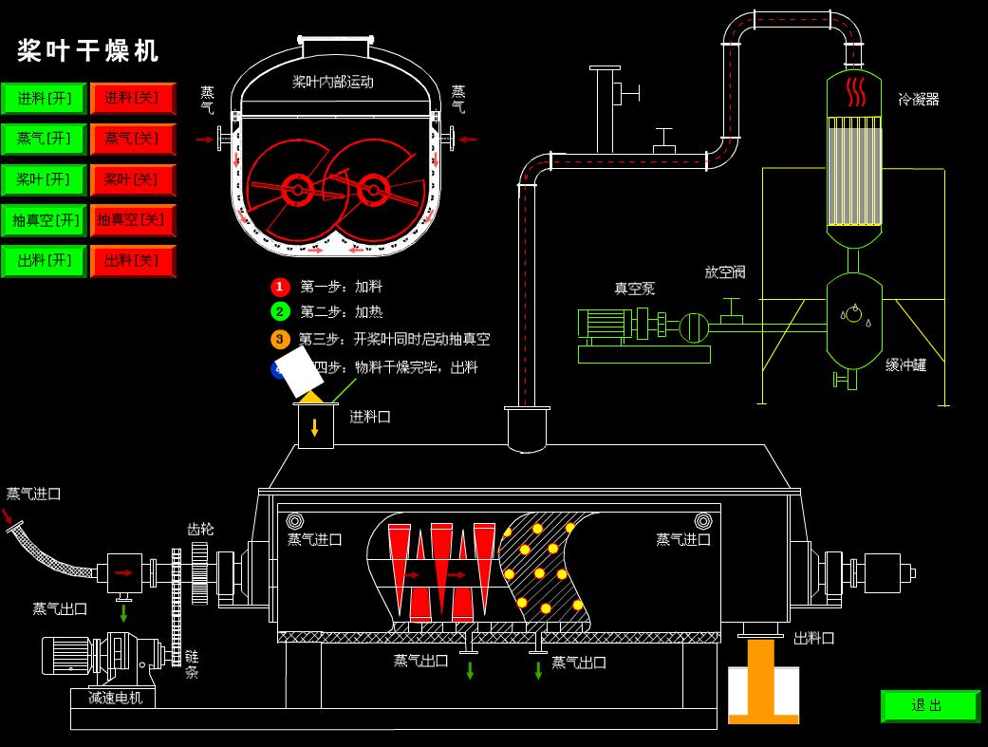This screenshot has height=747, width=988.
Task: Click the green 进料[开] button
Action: pos(44,99)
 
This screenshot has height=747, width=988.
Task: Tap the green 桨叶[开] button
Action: pos(44,179)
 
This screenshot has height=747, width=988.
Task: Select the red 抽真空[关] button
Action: pos(133,220)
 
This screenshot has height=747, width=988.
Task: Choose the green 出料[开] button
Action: pos(44,261)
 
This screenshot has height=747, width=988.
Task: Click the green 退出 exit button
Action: pos(930,705)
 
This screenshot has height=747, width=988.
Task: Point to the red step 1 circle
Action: pos(280,287)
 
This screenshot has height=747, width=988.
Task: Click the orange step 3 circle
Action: pos(280,339)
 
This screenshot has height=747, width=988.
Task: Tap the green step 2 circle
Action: pos(280,311)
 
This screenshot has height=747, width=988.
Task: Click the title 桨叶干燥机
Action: pos(87,50)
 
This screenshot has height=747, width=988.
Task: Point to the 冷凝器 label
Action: pos(919,99)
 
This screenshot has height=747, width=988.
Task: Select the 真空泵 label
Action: pos(635,289)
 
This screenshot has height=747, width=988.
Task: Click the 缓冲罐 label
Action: pos(906,364)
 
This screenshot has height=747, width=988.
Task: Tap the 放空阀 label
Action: pos(724,271)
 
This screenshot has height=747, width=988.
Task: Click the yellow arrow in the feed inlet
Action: pos(314,428)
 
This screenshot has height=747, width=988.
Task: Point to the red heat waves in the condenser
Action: pos(855,91)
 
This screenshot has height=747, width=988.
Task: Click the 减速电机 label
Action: pos(115,698)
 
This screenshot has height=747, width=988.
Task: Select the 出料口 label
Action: pos(813,639)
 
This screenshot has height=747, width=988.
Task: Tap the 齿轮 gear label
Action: pos(200,530)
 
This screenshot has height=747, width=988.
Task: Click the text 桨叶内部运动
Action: pos(333,82)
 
